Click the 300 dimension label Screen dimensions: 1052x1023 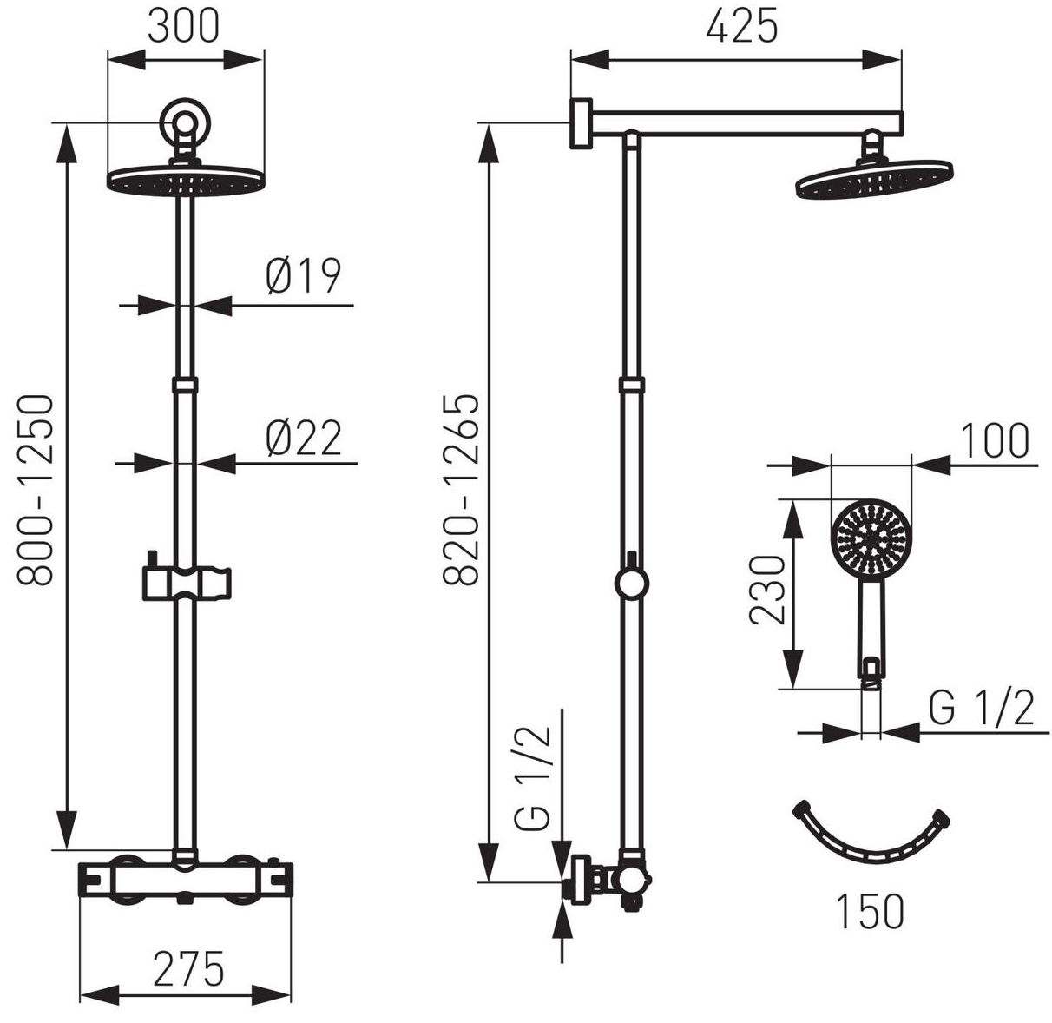[184, 26]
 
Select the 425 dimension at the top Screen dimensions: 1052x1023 [742, 25]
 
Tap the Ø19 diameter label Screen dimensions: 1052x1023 [304, 276]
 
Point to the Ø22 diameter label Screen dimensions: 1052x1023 [304, 437]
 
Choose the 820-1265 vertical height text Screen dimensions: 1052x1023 [461, 490]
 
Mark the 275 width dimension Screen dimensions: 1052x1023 [187, 969]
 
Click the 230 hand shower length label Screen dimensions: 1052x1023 [766, 590]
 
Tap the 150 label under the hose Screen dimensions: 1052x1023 [870, 912]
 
